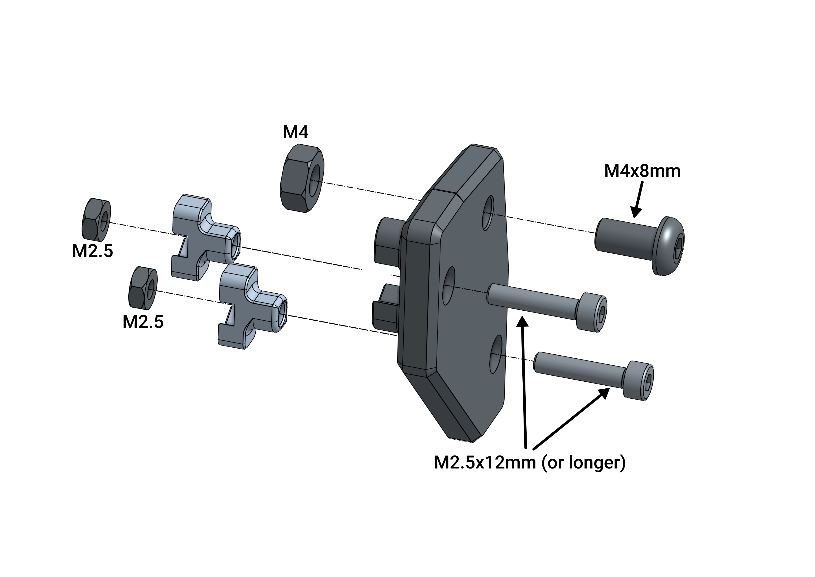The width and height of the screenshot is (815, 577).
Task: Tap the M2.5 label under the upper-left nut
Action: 93,251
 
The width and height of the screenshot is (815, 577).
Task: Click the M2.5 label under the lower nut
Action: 143,322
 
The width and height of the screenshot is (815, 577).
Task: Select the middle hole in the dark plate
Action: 449,286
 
